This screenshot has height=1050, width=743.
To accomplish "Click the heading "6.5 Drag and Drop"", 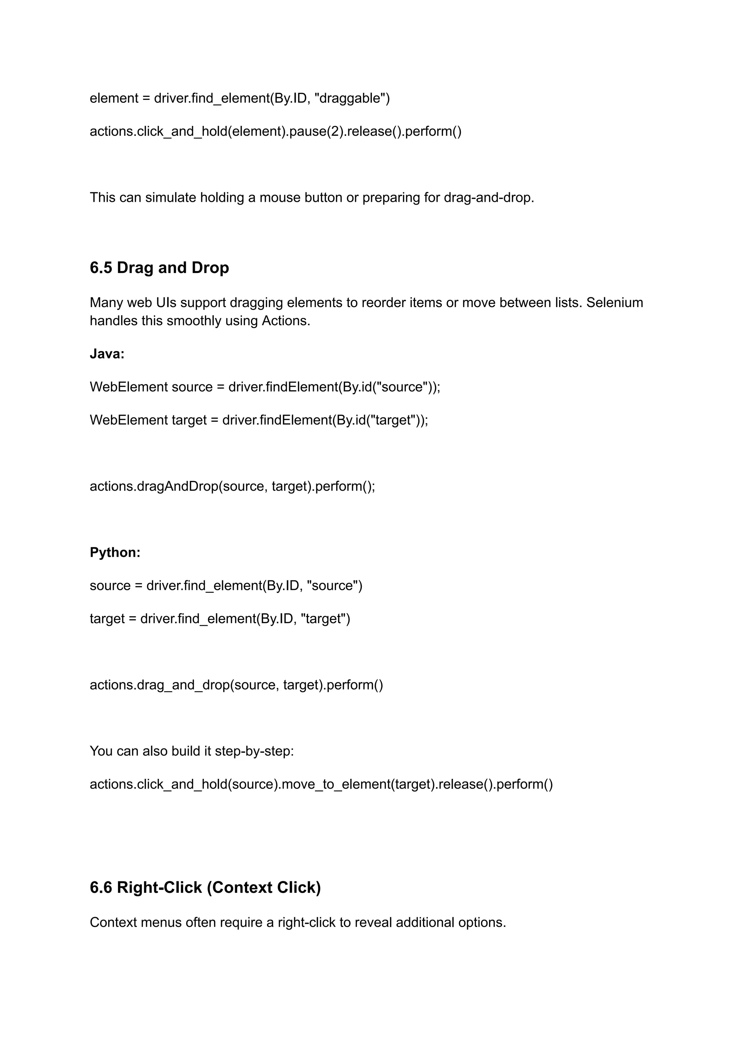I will click(x=159, y=268).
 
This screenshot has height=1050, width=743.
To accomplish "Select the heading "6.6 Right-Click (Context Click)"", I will click(x=205, y=887).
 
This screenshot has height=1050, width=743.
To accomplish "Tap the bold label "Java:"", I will click(x=107, y=354).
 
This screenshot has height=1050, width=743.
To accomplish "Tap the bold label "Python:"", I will click(x=115, y=552).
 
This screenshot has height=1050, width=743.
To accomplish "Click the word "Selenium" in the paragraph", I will click(x=615, y=303).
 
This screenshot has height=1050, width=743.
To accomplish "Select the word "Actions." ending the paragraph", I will click(x=286, y=321).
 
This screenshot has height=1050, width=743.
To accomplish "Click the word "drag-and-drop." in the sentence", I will click(x=489, y=198).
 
